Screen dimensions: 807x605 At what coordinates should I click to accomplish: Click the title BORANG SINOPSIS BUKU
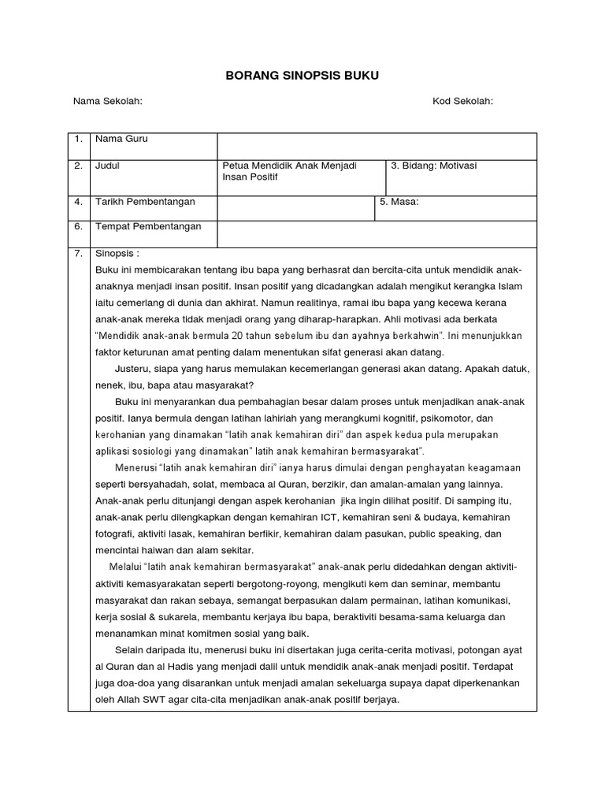click(302, 76)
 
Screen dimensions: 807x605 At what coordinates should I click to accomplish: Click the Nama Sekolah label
click(107, 102)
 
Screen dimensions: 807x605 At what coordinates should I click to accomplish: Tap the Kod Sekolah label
click(462, 102)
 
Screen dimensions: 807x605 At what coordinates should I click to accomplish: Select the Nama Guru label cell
click(121, 139)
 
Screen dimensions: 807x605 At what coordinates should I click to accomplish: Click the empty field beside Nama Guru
click(377, 146)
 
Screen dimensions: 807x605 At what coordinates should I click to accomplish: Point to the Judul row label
click(107, 165)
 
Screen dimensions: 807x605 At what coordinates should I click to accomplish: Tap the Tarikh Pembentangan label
click(145, 202)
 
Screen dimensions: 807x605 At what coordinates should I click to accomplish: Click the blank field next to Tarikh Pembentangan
click(295, 208)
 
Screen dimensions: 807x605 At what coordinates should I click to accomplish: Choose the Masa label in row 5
click(399, 202)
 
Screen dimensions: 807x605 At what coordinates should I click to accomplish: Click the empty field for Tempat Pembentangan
click(377, 233)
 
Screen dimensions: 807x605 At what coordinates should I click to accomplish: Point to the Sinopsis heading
click(117, 255)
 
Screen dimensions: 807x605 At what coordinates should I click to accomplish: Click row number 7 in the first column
click(78, 255)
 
